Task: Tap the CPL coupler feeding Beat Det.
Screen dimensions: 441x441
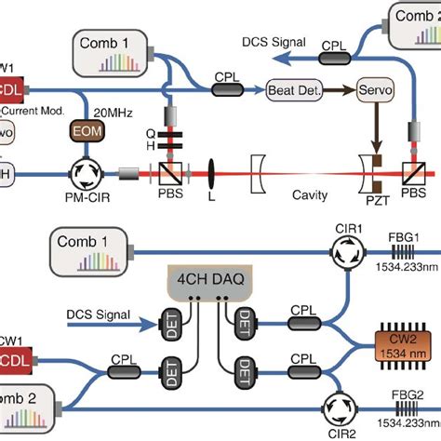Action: coord(228,89)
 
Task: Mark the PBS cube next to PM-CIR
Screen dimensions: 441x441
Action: coord(169,173)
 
